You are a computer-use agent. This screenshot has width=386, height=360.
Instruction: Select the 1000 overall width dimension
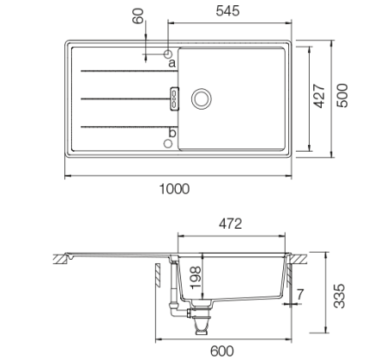click(175, 189)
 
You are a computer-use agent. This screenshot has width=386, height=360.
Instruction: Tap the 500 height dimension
click(343, 98)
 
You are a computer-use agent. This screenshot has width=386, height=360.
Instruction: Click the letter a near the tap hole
click(171, 63)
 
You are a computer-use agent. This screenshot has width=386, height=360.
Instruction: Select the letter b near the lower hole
click(172, 132)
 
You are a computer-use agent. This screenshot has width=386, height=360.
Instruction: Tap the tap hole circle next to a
click(168, 53)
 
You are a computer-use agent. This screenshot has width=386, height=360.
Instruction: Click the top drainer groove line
click(120, 70)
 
